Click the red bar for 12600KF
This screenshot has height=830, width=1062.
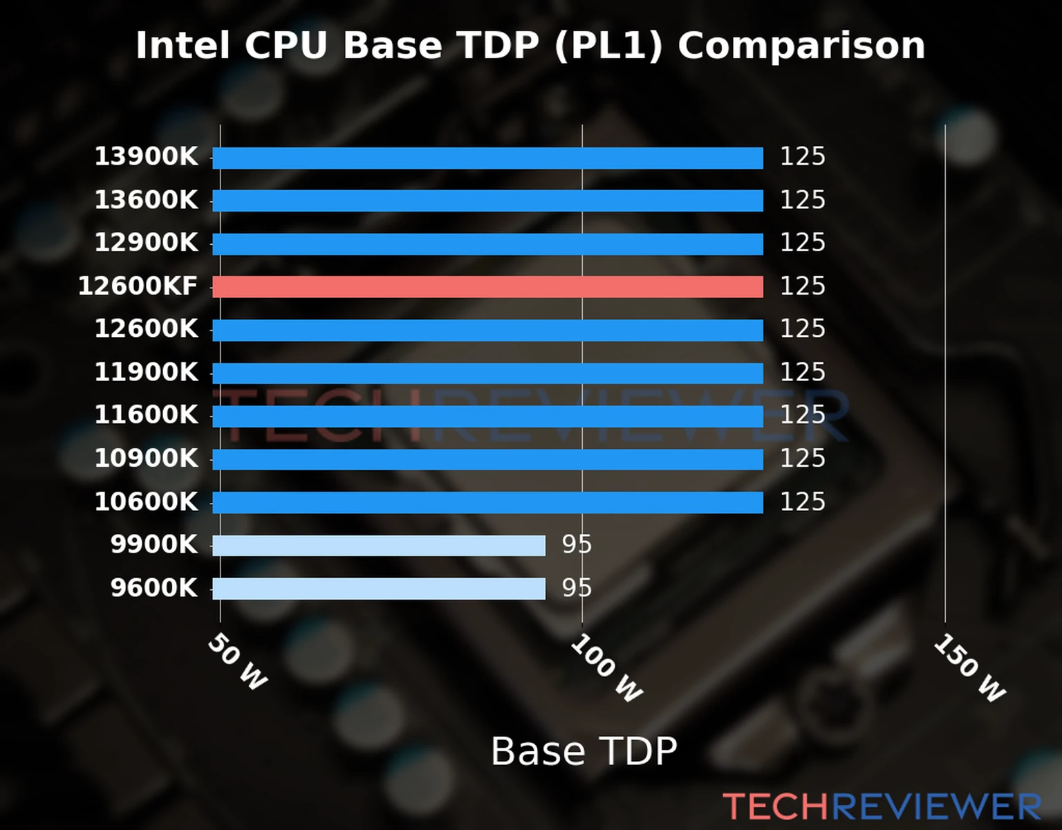487,286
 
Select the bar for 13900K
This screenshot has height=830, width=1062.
487,158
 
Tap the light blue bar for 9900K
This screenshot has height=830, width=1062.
378,545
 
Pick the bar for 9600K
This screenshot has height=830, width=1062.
378,589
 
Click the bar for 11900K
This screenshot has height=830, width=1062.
487,373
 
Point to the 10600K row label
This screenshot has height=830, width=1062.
146,501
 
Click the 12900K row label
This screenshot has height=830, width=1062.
146,243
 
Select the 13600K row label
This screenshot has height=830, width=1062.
146,200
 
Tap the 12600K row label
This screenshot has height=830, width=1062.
146,329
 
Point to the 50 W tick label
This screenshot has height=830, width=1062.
237,662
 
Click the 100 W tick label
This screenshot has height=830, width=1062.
606,668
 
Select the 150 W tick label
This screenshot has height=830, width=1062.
969,668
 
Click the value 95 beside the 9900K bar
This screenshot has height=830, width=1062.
577,544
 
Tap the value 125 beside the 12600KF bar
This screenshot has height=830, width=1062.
803,286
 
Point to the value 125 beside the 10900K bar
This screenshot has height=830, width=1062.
803,458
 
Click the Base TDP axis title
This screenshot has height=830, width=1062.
584,751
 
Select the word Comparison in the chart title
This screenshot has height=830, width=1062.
801,46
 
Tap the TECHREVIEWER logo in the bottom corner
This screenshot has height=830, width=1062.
882,806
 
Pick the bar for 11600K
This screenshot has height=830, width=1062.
487,416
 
